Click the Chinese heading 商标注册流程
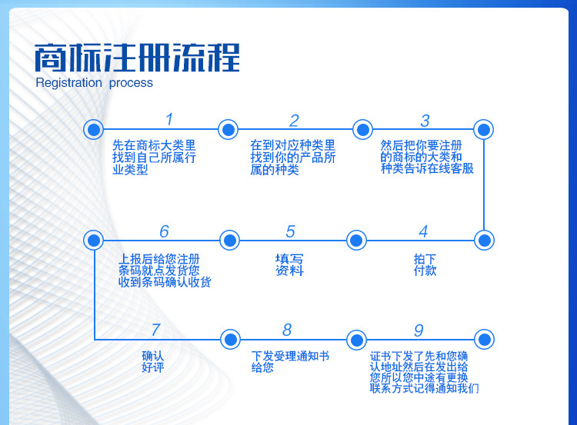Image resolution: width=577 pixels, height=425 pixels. pyautogui.click(x=137, y=58)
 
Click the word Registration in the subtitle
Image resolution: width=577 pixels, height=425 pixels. pyautogui.click(x=68, y=83)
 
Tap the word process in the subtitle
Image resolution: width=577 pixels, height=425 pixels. pyautogui.click(x=131, y=84)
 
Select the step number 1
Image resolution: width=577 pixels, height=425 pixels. pyautogui.click(x=169, y=119)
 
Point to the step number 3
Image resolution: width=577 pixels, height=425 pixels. pyautogui.click(x=425, y=121)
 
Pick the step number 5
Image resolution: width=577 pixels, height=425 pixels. pyautogui.click(x=290, y=231)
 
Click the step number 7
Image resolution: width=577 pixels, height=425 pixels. pyautogui.click(x=156, y=330)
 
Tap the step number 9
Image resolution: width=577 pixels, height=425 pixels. pyautogui.click(x=419, y=330)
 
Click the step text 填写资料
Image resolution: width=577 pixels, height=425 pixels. pyautogui.click(x=289, y=264)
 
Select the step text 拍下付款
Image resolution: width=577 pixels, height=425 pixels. pyautogui.click(x=425, y=264)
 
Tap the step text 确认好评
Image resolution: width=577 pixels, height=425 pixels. pyautogui.click(x=153, y=361)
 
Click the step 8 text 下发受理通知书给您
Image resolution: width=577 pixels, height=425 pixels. pyautogui.click(x=290, y=361)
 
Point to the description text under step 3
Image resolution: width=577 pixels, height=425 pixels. pyautogui.click(x=427, y=157)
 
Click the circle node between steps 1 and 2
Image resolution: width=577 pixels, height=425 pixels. pyautogui.click(x=228, y=129)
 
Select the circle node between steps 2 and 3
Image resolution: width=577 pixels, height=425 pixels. pyautogui.click(x=363, y=129)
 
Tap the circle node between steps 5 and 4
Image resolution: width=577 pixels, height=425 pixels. pyautogui.click(x=356, y=241)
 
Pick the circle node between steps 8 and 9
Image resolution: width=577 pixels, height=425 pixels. pyautogui.click(x=356, y=340)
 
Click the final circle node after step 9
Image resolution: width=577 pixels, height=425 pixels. pyautogui.click(x=484, y=340)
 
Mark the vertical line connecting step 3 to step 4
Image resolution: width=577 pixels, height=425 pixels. pyautogui.click(x=484, y=185)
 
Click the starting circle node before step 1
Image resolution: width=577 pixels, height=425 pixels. pyautogui.click(x=93, y=129)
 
